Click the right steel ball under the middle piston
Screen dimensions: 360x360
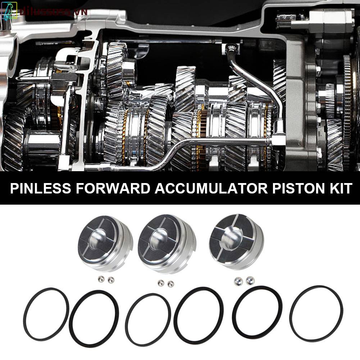pos(170,283)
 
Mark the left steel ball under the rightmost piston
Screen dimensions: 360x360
pos(238,280)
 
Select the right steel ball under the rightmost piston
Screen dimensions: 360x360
pos(249,279)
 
